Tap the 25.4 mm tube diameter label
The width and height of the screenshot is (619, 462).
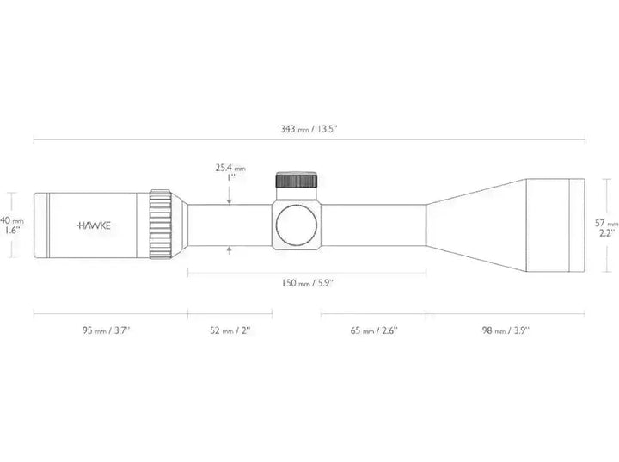pyautogui.click(x=230, y=169)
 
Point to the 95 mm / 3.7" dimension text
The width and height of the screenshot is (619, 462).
pyautogui.click(x=107, y=330)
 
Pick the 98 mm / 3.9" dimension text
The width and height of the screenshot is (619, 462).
pyautogui.click(x=505, y=330)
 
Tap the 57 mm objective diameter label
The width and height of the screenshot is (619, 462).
pyautogui.click(x=606, y=223)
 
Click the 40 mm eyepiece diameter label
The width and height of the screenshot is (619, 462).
pyautogui.click(x=12, y=220)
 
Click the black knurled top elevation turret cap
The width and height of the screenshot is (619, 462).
pyautogui.click(x=297, y=181)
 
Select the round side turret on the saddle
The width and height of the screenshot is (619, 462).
pyautogui.click(x=297, y=225)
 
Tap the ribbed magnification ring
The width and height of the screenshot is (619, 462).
pyautogui.click(x=161, y=224)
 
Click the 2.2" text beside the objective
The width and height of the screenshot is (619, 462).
pyautogui.click(x=605, y=233)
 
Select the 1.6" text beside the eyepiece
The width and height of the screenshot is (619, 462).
pyautogui.click(x=12, y=231)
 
